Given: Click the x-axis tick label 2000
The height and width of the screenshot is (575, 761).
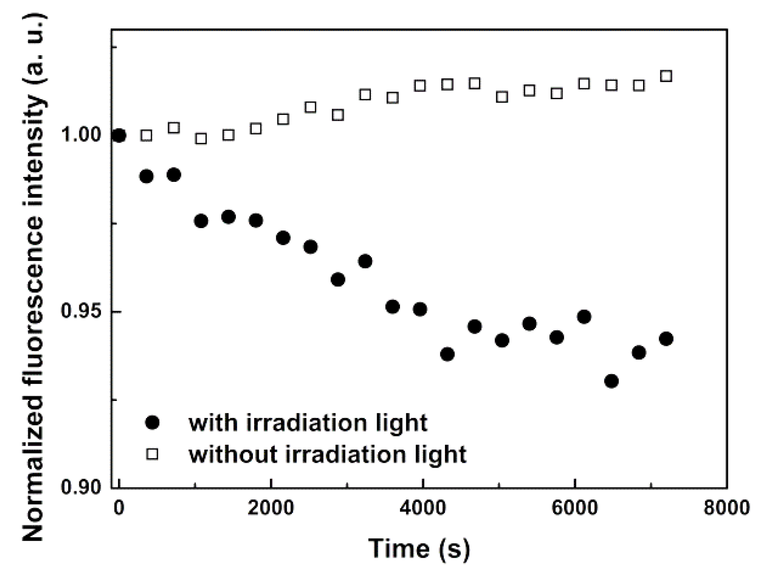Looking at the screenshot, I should (x=271, y=508).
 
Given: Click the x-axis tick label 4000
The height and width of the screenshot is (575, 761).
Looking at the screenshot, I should (x=423, y=508).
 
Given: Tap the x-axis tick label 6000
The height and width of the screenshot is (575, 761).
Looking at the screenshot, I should (x=575, y=508).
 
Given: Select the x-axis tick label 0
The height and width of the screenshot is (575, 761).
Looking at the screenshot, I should (x=118, y=508).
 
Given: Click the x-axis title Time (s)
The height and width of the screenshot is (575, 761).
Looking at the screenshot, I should (x=419, y=549).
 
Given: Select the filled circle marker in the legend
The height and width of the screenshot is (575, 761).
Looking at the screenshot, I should (x=152, y=423).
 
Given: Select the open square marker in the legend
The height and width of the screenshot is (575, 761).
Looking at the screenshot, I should (x=152, y=454).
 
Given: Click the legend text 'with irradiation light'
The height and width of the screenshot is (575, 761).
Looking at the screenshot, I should (x=308, y=423).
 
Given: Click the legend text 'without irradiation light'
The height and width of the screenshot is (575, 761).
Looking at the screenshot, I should (x=327, y=454).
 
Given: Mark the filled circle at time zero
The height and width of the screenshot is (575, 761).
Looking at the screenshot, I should (x=119, y=136).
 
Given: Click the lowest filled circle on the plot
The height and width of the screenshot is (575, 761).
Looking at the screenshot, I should (x=611, y=381).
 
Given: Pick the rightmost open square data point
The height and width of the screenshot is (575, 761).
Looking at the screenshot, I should (x=666, y=76).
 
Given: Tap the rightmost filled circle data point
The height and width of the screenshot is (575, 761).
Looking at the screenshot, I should (x=666, y=339).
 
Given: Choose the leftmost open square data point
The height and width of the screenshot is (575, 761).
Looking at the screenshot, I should (x=146, y=136).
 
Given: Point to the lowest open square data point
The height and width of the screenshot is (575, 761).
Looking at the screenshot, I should (x=201, y=139).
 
